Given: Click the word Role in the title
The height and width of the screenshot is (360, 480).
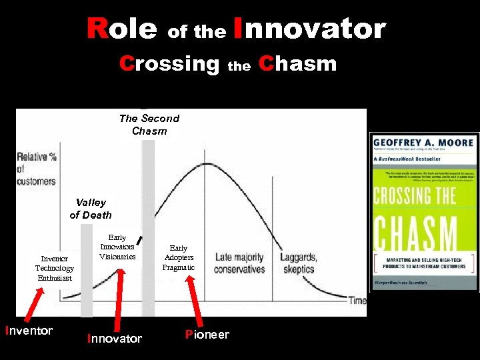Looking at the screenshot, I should [x=122, y=29].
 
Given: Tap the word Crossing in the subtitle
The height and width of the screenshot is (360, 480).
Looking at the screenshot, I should [x=169, y=64].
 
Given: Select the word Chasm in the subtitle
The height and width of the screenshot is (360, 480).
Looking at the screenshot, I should [x=297, y=64].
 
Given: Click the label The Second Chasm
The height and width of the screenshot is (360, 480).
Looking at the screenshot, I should [x=149, y=125].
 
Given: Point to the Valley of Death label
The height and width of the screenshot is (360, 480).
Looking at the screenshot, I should [x=91, y=209].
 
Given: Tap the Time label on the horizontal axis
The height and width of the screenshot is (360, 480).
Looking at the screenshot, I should [x=357, y=301].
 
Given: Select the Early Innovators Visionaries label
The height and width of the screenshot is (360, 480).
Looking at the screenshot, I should [x=117, y=247].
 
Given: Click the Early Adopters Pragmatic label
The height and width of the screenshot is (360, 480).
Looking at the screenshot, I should [x=179, y=257].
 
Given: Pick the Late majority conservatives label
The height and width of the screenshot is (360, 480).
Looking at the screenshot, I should [x=239, y=263].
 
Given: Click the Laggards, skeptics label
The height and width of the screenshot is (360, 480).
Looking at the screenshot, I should [x=298, y=263].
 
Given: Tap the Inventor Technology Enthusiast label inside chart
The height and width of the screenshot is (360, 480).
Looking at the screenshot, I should [x=55, y=268].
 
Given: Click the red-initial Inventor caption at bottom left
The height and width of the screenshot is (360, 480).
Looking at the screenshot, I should [x=29, y=331].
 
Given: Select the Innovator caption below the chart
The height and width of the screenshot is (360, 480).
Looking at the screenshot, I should [x=115, y=339].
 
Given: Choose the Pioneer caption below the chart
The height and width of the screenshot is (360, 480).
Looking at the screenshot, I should [x=207, y=335].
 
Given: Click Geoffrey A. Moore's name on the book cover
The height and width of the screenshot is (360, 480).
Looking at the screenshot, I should [x=424, y=143].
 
